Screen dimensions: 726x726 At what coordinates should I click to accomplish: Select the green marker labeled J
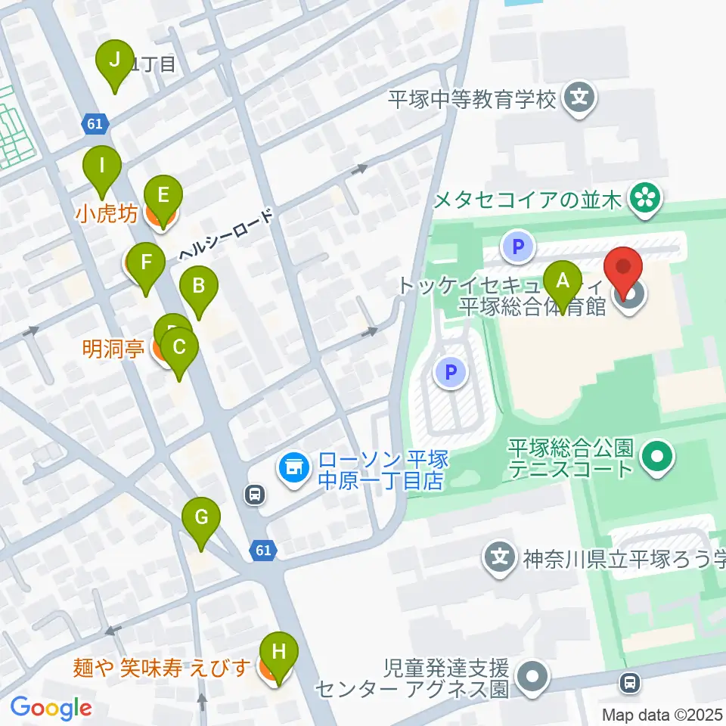pos(114,60)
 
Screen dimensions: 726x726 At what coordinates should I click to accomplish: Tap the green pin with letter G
pos(201,518)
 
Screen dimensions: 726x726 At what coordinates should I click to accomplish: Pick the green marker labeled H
pos(278,652)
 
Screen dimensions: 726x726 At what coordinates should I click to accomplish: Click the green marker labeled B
pos(198,287)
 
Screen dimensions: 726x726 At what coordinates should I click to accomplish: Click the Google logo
pos(51,708)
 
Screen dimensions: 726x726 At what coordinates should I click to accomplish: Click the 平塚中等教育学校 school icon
pos(579,98)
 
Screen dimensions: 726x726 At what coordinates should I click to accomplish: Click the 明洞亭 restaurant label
pos(114,349)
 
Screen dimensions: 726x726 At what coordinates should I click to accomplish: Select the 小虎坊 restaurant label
pos(107,214)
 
